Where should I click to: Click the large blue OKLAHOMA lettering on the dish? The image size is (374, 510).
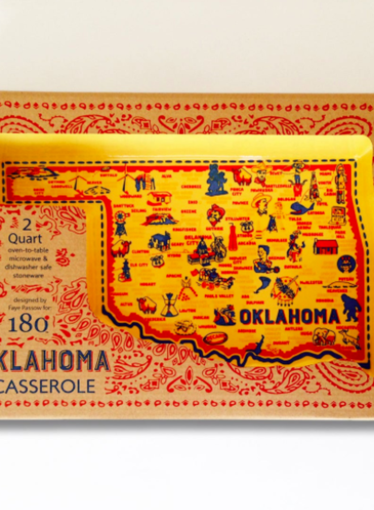(290, 316)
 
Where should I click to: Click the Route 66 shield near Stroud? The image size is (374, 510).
(246, 226)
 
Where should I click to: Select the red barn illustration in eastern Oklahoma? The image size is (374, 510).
(325, 246)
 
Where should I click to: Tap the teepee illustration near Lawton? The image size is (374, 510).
(169, 306)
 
